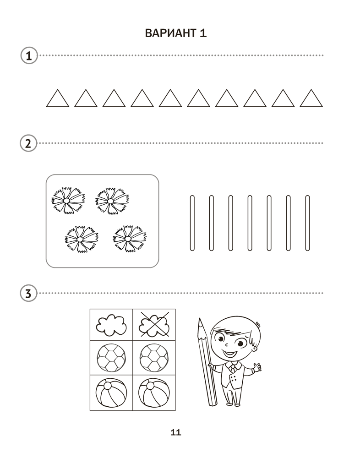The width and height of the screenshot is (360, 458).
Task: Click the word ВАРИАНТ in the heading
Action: (x=171, y=33)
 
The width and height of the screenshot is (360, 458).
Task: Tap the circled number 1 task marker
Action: (x=29, y=55)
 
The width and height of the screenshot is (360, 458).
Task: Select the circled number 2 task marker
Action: (x=28, y=143)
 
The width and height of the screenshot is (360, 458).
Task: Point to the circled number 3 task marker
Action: (x=28, y=293)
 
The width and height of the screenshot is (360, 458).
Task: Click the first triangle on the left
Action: (x=58, y=99)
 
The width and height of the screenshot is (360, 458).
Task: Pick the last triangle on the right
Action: (x=311, y=99)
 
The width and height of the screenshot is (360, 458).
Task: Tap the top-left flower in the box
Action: (x=68, y=201)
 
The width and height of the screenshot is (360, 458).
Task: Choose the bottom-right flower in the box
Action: (x=130, y=239)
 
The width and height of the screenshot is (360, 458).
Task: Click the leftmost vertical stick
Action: (x=192, y=223)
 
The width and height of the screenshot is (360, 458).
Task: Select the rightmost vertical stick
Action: (x=307, y=223)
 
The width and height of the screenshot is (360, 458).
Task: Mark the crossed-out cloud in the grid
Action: (x=154, y=325)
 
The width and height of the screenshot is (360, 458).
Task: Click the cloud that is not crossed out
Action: (x=111, y=325)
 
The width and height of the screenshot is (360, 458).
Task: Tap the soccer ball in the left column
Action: (x=111, y=358)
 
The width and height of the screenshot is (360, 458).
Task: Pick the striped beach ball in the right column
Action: (x=154, y=393)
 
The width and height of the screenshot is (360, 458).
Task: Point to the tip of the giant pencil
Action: (x=200, y=319)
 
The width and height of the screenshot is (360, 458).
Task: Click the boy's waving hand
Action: (x=257, y=367)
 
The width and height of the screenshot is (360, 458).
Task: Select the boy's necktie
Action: (x=232, y=368)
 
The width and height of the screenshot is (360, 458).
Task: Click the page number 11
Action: (x=176, y=432)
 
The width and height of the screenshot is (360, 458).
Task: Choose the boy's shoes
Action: (x=233, y=404)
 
